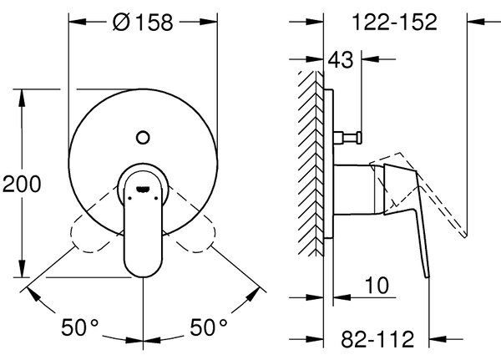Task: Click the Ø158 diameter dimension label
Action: (x=143, y=22)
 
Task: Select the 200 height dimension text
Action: (x=22, y=184)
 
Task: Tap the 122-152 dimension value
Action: (x=394, y=22)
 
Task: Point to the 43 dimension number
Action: (x=341, y=59)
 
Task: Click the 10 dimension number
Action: (x=377, y=285)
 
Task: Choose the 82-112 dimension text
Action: (x=377, y=339)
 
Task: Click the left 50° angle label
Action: (x=79, y=327)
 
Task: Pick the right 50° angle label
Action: (x=209, y=327)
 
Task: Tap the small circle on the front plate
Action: (x=143, y=138)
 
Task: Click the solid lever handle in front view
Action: (x=143, y=224)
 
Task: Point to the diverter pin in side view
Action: (x=347, y=138)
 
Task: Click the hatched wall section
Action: (x=311, y=163)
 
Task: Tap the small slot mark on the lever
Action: (x=143, y=190)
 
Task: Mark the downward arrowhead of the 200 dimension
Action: (x=22, y=269)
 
